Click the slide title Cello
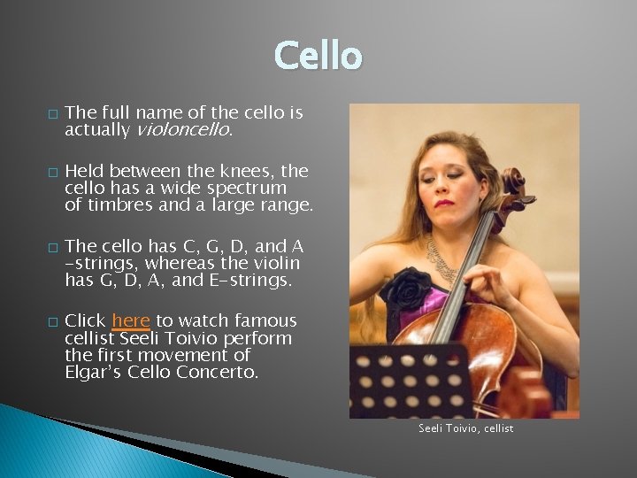pos(318,56)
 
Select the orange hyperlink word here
pos(131,320)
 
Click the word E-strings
pos(242,281)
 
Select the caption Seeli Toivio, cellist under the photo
pos(465,428)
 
